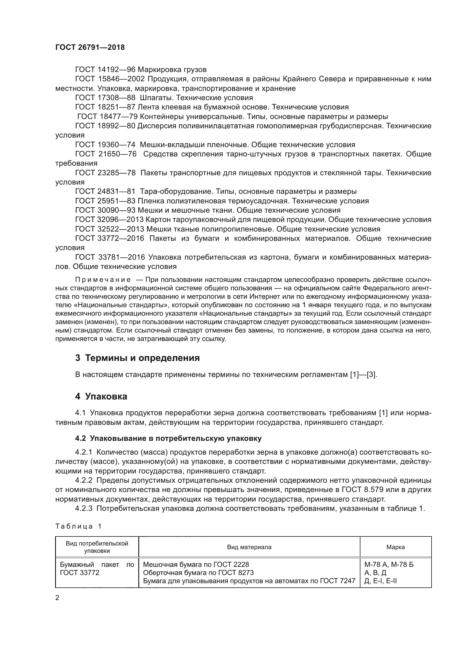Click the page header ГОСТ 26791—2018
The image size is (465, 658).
pos(90,48)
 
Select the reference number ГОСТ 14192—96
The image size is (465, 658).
pos(105,70)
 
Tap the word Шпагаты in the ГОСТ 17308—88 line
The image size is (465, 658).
pos(157,98)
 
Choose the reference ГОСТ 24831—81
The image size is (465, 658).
pos(105,192)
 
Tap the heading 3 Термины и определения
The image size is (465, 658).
pos(137,358)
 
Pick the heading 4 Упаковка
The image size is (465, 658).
pos(101,397)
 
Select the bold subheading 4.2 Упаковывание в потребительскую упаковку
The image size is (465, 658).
pos(168,439)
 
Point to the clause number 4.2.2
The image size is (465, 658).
pos(83,480)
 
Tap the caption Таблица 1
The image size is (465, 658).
pos(78,526)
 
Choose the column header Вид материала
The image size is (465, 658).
pos(249,547)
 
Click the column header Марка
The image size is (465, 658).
pos(396,547)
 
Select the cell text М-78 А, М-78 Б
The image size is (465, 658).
pos(389,565)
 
